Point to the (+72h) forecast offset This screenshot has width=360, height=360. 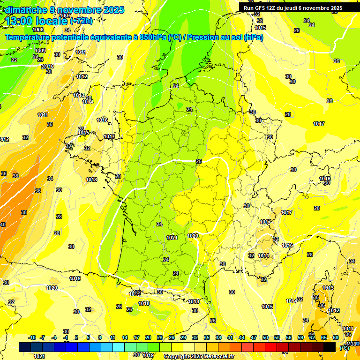click(x=82, y=21)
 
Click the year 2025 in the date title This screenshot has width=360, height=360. click(x=113, y=10)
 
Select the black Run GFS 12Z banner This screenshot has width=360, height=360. click(x=293, y=8)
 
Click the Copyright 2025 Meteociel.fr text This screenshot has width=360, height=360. click(x=199, y=356)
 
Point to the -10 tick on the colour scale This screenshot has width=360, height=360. click(x=32, y=337)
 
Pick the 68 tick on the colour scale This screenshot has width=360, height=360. click(x=336, y=337)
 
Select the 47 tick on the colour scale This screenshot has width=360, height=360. click(x=254, y=337)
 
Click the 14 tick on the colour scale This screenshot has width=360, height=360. click(x=125, y=337)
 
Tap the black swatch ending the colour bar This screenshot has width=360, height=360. click(x=330, y=347)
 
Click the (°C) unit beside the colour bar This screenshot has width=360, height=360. click(x=344, y=347)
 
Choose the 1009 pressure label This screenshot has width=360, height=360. click(x=40, y=51)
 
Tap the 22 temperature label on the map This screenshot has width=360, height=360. click(x=14, y=60)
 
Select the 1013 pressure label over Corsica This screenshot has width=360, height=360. click(x=328, y=288)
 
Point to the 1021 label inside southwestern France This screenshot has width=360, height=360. click(x=172, y=238)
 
